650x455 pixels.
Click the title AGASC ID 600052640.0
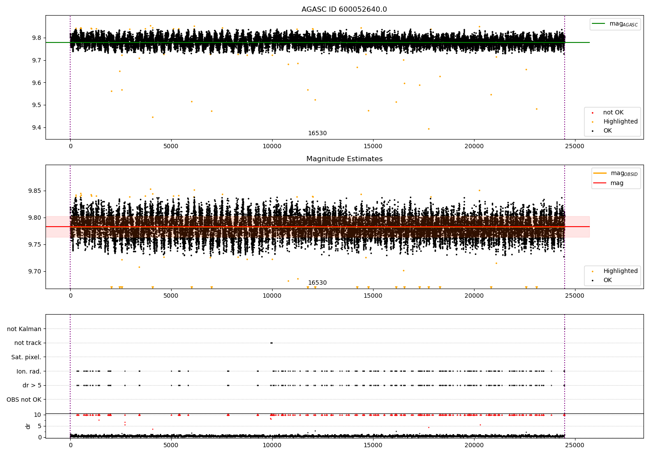(344, 10)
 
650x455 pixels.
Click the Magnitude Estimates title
(344, 159)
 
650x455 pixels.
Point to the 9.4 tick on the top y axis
(36, 127)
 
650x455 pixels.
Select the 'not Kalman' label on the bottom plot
(24, 329)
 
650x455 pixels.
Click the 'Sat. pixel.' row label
(26, 357)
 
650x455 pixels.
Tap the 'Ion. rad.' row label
(29, 371)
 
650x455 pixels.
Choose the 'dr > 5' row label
(32, 385)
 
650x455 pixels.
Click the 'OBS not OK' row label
(24, 400)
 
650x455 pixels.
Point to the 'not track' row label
(28, 343)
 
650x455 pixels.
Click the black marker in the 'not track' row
(271, 343)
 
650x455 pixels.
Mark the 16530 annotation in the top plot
(317, 133)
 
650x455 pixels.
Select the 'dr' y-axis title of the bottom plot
(28, 426)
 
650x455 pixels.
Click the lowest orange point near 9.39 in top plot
(429, 129)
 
